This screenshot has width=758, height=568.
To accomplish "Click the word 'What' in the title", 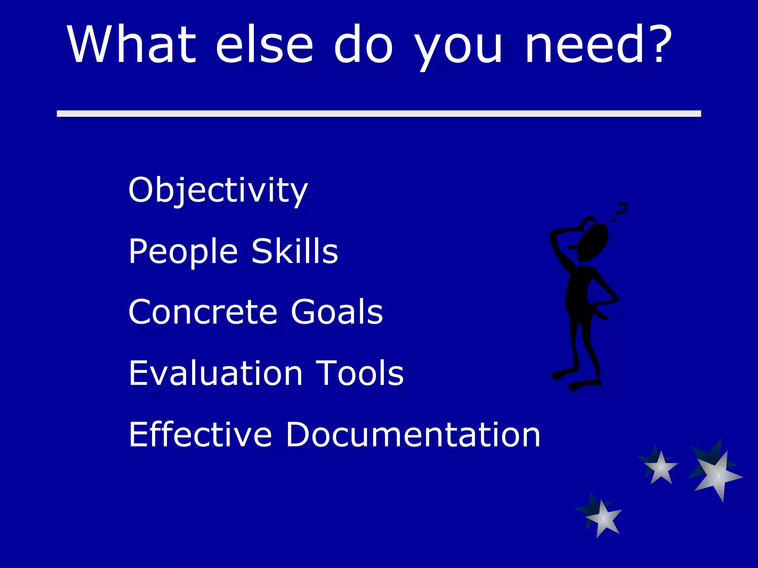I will click(x=131, y=44).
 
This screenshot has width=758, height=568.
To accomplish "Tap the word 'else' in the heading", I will click(x=264, y=44).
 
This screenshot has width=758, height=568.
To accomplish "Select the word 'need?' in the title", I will click(x=598, y=44).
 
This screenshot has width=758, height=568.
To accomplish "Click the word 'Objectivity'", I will click(x=218, y=190).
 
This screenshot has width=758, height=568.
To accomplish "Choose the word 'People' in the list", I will click(x=183, y=251).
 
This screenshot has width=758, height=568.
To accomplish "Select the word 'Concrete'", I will click(x=202, y=312).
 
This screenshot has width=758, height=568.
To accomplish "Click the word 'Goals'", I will click(x=336, y=312).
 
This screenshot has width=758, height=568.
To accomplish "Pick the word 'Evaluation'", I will click(x=215, y=373).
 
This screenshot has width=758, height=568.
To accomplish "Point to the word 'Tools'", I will click(x=359, y=373).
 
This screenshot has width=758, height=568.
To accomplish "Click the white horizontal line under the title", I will click(x=379, y=114).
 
